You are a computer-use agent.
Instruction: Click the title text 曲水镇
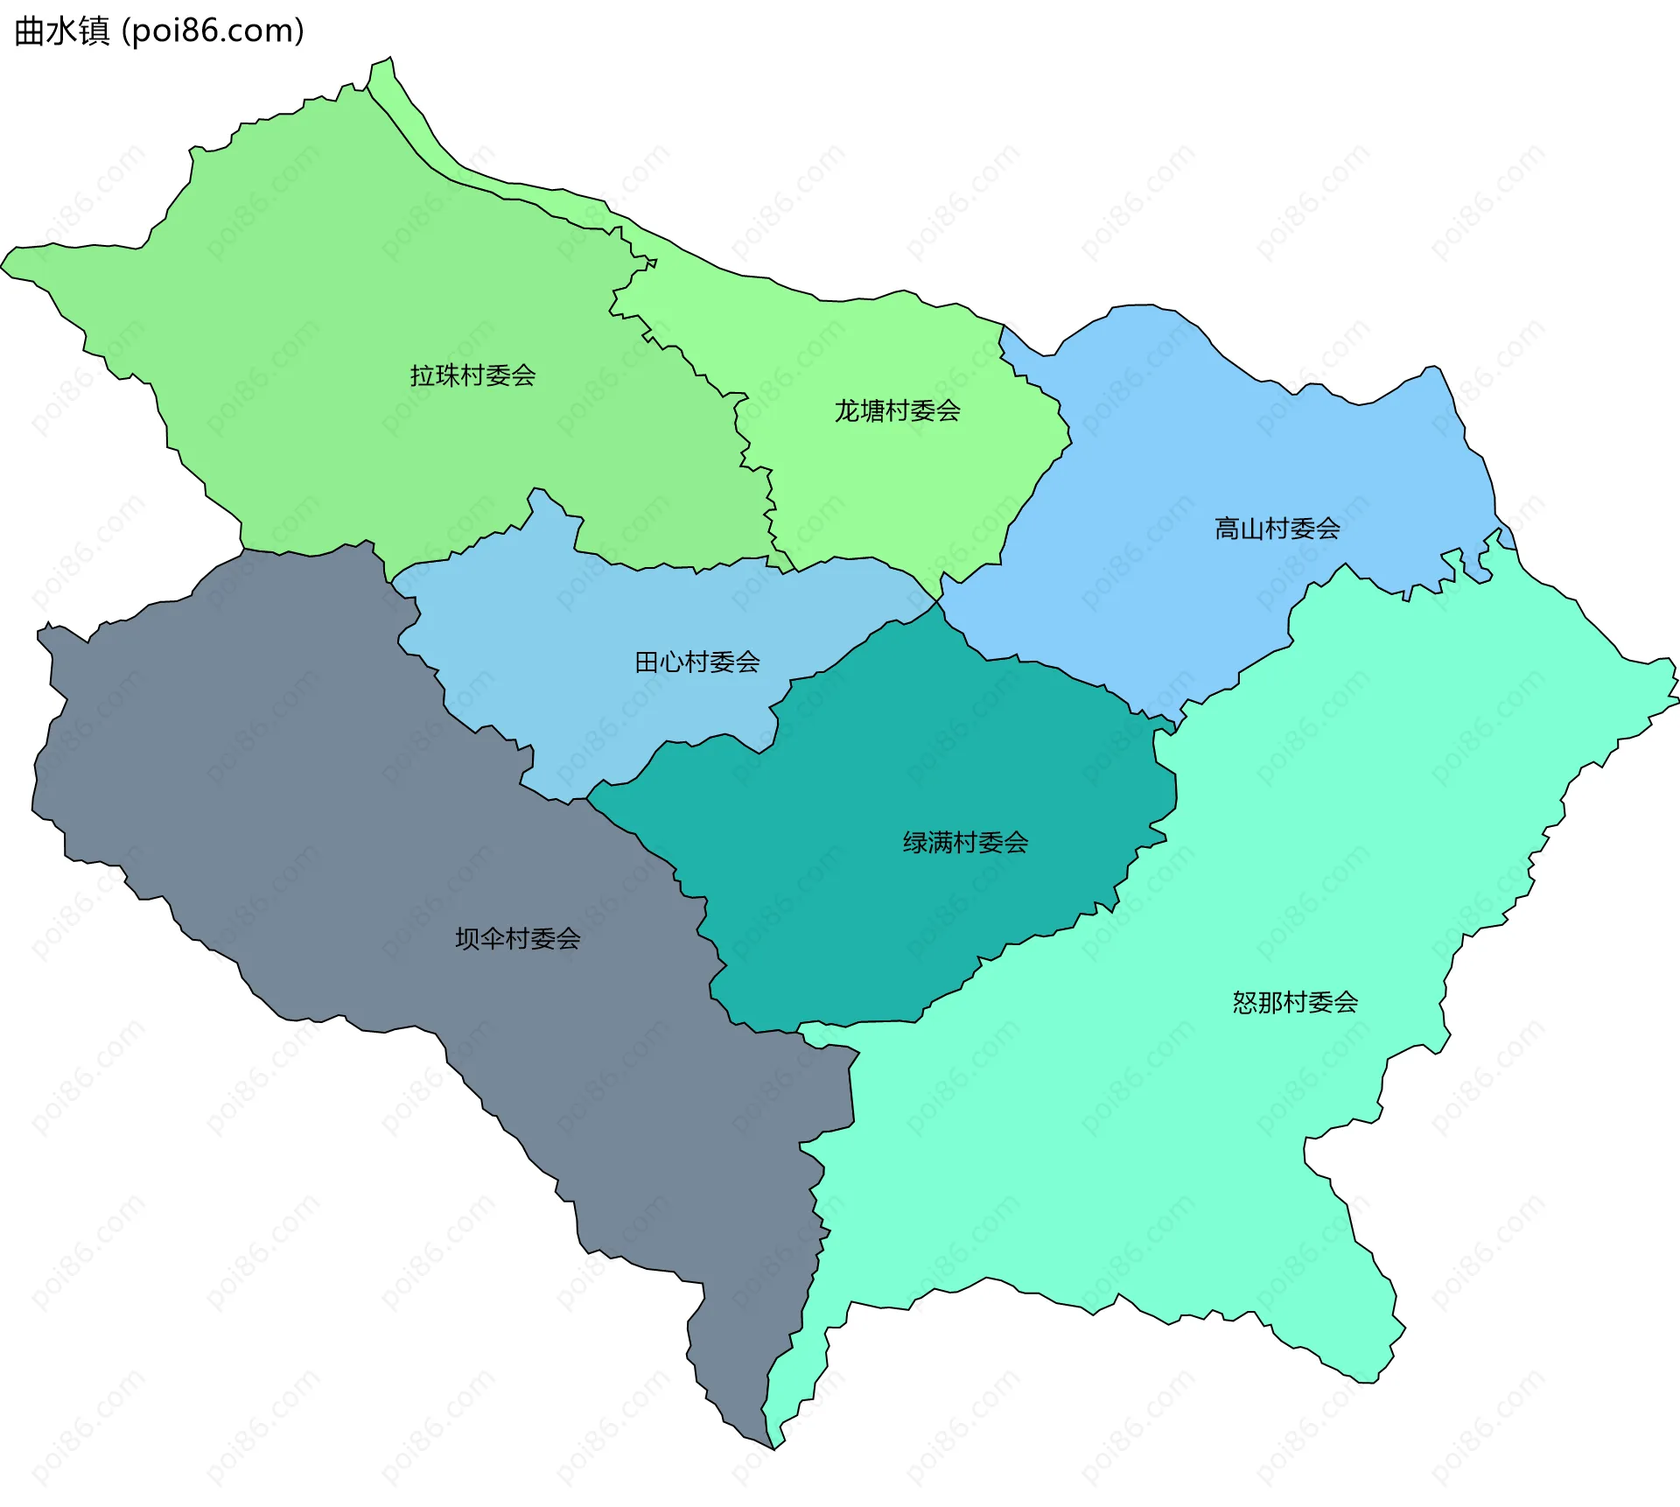coord(61,31)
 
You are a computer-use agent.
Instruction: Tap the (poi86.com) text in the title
coord(213,31)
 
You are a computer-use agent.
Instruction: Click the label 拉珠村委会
coord(472,375)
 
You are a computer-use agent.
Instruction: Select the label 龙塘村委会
coord(897,410)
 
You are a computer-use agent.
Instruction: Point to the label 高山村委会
coord(1277,528)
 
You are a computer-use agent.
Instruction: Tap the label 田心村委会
coord(696,662)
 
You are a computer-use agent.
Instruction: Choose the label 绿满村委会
coord(965,843)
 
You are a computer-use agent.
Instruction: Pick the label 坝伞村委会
coord(517,939)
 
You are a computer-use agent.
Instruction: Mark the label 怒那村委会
coord(1295,1002)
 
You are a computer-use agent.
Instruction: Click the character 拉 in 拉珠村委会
coord(423,375)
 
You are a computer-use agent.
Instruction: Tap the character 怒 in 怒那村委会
coord(1245,1002)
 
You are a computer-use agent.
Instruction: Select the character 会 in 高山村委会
coord(1327,528)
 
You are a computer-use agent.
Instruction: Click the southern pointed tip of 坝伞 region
coord(771,1446)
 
